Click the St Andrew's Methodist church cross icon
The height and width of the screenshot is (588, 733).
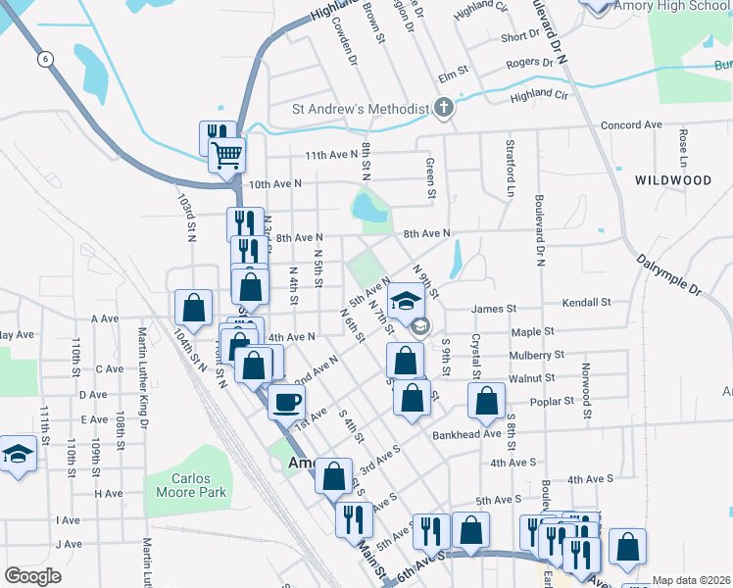point(444,108)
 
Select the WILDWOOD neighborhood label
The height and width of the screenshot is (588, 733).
point(672,180)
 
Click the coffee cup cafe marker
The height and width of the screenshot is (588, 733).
point(286,401)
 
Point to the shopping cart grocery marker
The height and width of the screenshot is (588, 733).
point(226,154)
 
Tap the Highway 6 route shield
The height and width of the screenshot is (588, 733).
point(45,60)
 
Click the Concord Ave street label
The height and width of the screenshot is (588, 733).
point(631,125)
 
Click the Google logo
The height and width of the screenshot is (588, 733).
point(33,576)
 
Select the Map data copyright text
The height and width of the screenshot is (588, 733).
point(691,580)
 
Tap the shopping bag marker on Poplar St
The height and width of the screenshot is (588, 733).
point(486,400)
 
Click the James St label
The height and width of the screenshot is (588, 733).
point(494,309)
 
